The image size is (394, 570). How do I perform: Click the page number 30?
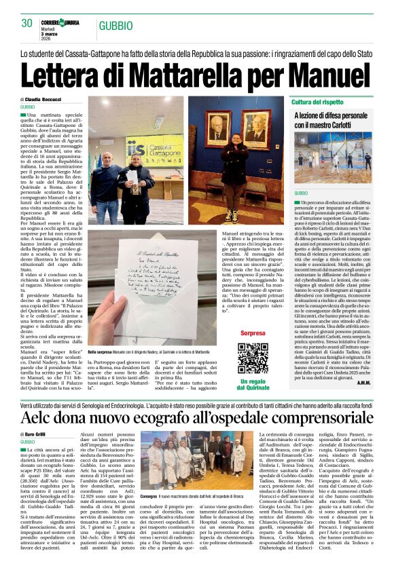27,24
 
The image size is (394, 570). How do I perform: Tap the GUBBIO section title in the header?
115,26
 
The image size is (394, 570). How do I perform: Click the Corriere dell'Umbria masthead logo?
60,22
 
